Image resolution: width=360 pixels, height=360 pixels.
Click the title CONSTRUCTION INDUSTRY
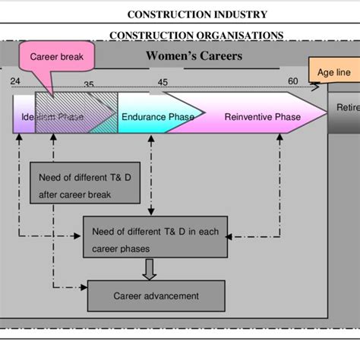coord(197,14)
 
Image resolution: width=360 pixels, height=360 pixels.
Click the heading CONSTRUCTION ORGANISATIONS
coord(197,35)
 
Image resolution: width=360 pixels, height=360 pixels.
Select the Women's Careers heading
coord(194,56)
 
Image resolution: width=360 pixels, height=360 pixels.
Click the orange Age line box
coord(333,72)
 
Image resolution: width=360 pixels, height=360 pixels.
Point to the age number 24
coord(16,81)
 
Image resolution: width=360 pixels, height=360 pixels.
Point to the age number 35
coord(89,84)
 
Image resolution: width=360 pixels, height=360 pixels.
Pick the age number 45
coord(163,82)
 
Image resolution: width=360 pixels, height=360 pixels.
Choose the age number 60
coord(293,81)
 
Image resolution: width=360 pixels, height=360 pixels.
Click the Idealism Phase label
coord(52,117)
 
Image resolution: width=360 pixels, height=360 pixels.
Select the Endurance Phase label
coord(157,116)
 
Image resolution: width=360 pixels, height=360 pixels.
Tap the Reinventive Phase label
coord(262,116)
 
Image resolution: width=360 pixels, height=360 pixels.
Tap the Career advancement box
coord(156,296)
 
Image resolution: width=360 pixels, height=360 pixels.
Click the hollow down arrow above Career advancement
coord(149,269)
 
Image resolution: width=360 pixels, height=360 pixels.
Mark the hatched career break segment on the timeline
coord(76,114)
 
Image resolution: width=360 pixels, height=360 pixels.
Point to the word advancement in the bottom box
coord(172,296)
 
